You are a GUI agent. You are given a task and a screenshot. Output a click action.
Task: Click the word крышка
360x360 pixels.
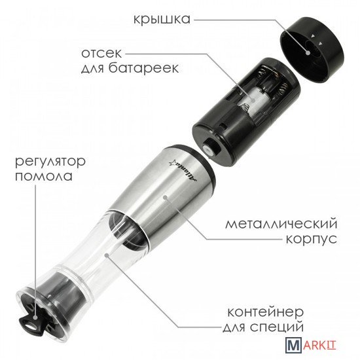pyautogui.click(x=162, y=19)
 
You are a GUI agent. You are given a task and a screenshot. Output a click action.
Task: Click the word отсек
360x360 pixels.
pyautogui.click(x=101, y=53)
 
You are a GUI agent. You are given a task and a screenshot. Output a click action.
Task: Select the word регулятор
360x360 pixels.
pyautogui.click(x=50, y=162)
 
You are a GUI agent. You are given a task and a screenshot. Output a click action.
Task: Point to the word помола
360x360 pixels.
pyautogui.click(x=44, y=177)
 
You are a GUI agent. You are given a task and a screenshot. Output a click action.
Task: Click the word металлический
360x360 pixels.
pyautogui.click(x=281, y=223)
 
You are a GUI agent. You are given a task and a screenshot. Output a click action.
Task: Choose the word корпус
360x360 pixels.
pyautogui.click(x=312, y=240)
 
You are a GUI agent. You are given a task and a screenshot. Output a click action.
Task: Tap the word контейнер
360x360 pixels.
pyautogui.click(x=266, y=312)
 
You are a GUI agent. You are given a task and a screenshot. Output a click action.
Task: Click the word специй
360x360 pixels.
pyautogui.click(x=277, y=327)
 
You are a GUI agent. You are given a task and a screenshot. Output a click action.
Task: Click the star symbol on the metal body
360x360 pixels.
pyautogui.click(x=171, y=163)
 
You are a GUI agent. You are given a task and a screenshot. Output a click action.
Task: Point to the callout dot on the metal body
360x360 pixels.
pyautogui.click(x=165, y=197)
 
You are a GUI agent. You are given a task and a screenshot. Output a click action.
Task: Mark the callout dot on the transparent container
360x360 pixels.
pyautogui.click(x=107, y=255)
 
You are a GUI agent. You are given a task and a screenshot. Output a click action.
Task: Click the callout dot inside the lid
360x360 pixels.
pyautogui.click(x=308, y=53)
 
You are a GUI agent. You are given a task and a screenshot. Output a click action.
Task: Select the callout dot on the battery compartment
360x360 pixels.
pyautogui.click(x=253, y=100)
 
